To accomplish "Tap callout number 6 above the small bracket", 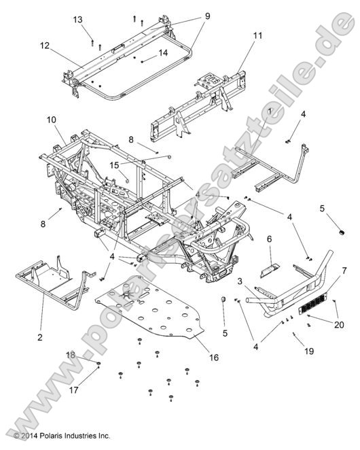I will click(269, 239).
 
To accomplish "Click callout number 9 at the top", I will click(187, 16).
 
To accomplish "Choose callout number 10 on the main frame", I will click(52, 120).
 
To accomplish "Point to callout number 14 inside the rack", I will click(163, 52).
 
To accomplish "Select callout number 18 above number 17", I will click(71, 356).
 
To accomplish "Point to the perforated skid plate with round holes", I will click(149, 313).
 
